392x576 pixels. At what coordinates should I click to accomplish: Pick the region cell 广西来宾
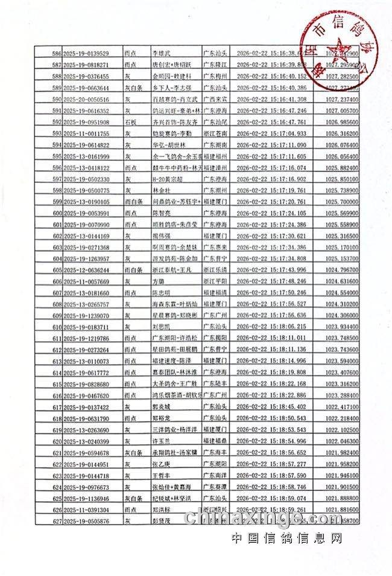click(x=215, y=99)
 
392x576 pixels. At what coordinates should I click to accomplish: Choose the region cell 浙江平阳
click(x=215, y=281)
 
